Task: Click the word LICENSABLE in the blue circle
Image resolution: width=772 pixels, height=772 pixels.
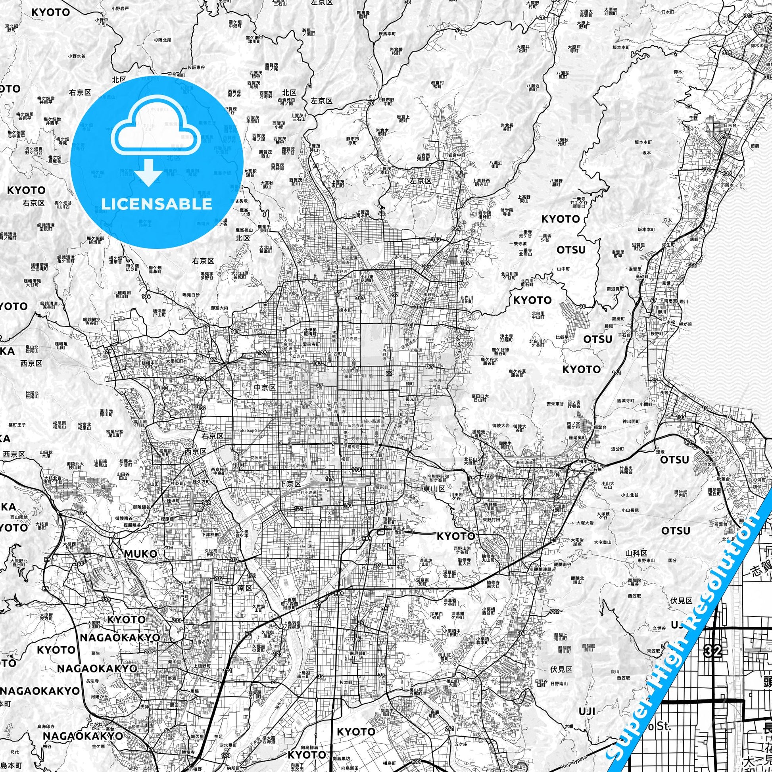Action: tap(156, 204)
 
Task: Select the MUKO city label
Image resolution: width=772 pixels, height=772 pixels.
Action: tap(140, 554)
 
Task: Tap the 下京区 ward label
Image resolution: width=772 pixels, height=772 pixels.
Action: tap(289, 484)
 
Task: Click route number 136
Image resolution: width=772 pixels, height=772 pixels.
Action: tap(146, 296)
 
